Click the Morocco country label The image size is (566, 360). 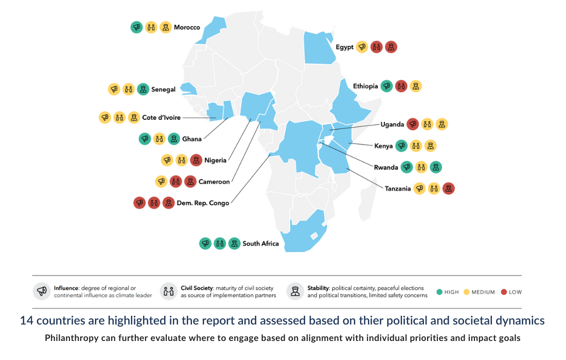point(187,27)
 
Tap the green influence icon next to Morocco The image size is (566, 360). point(136,27)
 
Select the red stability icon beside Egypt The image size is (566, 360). point(391,47)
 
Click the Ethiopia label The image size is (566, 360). point(365,86)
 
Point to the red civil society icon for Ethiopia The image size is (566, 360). point(401,86)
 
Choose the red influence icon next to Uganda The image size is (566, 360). point(413,124)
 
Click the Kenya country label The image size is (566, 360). point(383,146)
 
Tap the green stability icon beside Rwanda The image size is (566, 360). point(436,167)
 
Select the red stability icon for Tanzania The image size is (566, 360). point(449,189)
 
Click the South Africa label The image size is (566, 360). point(260,244)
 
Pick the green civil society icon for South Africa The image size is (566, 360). point(220,243)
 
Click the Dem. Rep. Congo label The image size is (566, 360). point(203,203)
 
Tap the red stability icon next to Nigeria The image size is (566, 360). point(196,160)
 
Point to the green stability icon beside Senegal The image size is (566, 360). point(143,89)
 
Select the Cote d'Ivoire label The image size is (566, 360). point(161,118)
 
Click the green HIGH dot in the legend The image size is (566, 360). point(439,292)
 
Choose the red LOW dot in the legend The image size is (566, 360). point(503,292)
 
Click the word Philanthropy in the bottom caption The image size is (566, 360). point(71,338)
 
